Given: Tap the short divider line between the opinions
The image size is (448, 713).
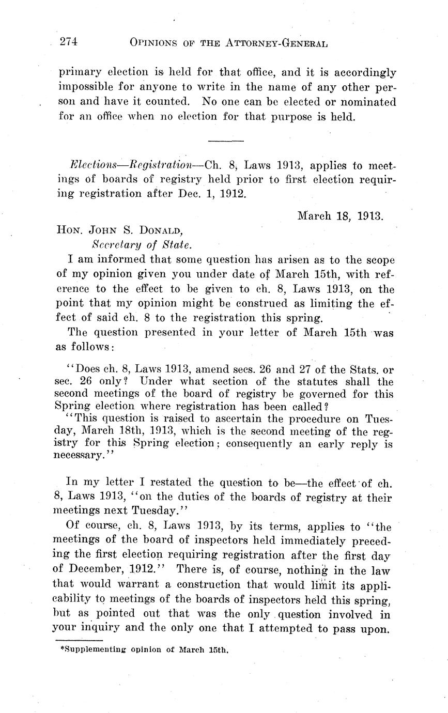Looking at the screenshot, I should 225,141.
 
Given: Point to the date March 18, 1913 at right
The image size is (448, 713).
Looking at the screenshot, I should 340,215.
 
